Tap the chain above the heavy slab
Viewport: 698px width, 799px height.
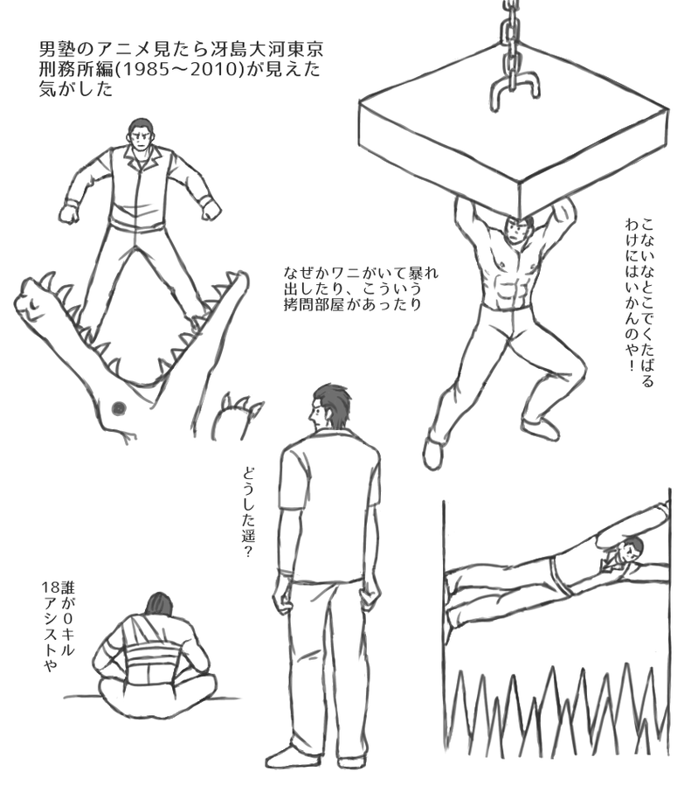(512, 36)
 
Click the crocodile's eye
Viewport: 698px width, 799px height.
(119, 407)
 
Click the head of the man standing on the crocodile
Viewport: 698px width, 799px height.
(139, 134)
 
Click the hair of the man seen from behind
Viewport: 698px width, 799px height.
(331, 402)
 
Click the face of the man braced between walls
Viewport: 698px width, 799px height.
(630, 552)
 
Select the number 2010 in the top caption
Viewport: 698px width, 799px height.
(213, 70)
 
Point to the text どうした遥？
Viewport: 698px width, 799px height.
(247, 511)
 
